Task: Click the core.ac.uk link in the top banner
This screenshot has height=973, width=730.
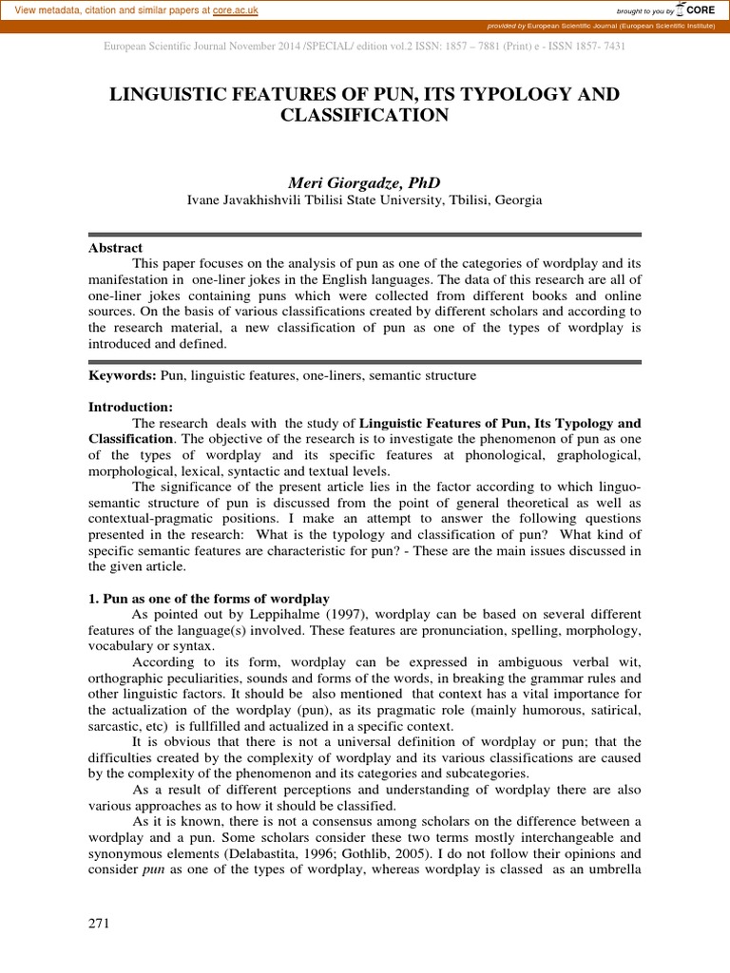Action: tap(239, 10)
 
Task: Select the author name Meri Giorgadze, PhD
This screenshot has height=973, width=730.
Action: tap(364, 181)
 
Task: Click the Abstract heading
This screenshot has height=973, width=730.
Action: tap(115, 247)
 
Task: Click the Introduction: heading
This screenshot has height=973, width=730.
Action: tap(131, 407)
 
